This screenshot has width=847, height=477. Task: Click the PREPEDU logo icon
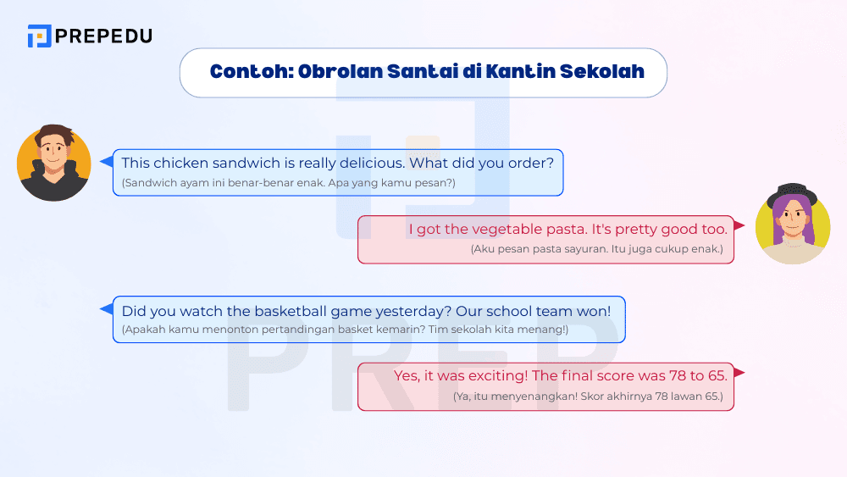pyautogui.click(x=39, y=36)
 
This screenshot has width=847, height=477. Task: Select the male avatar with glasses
pyautogui.click(x=53, y=163)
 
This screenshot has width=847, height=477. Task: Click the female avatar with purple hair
pyautogui.click(x=792, y=224)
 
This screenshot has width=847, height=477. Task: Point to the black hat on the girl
pyautogui.click(x=792, y=194)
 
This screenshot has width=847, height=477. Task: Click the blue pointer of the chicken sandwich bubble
pyautogui.click(x=107, y=161)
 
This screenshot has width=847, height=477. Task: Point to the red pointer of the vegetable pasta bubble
pyautogui.click(x=739, y=226)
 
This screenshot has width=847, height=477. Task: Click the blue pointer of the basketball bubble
pyautogui.click(x=107, y=308)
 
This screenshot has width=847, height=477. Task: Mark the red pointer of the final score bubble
pyautogui.click(x=739, y=373)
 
